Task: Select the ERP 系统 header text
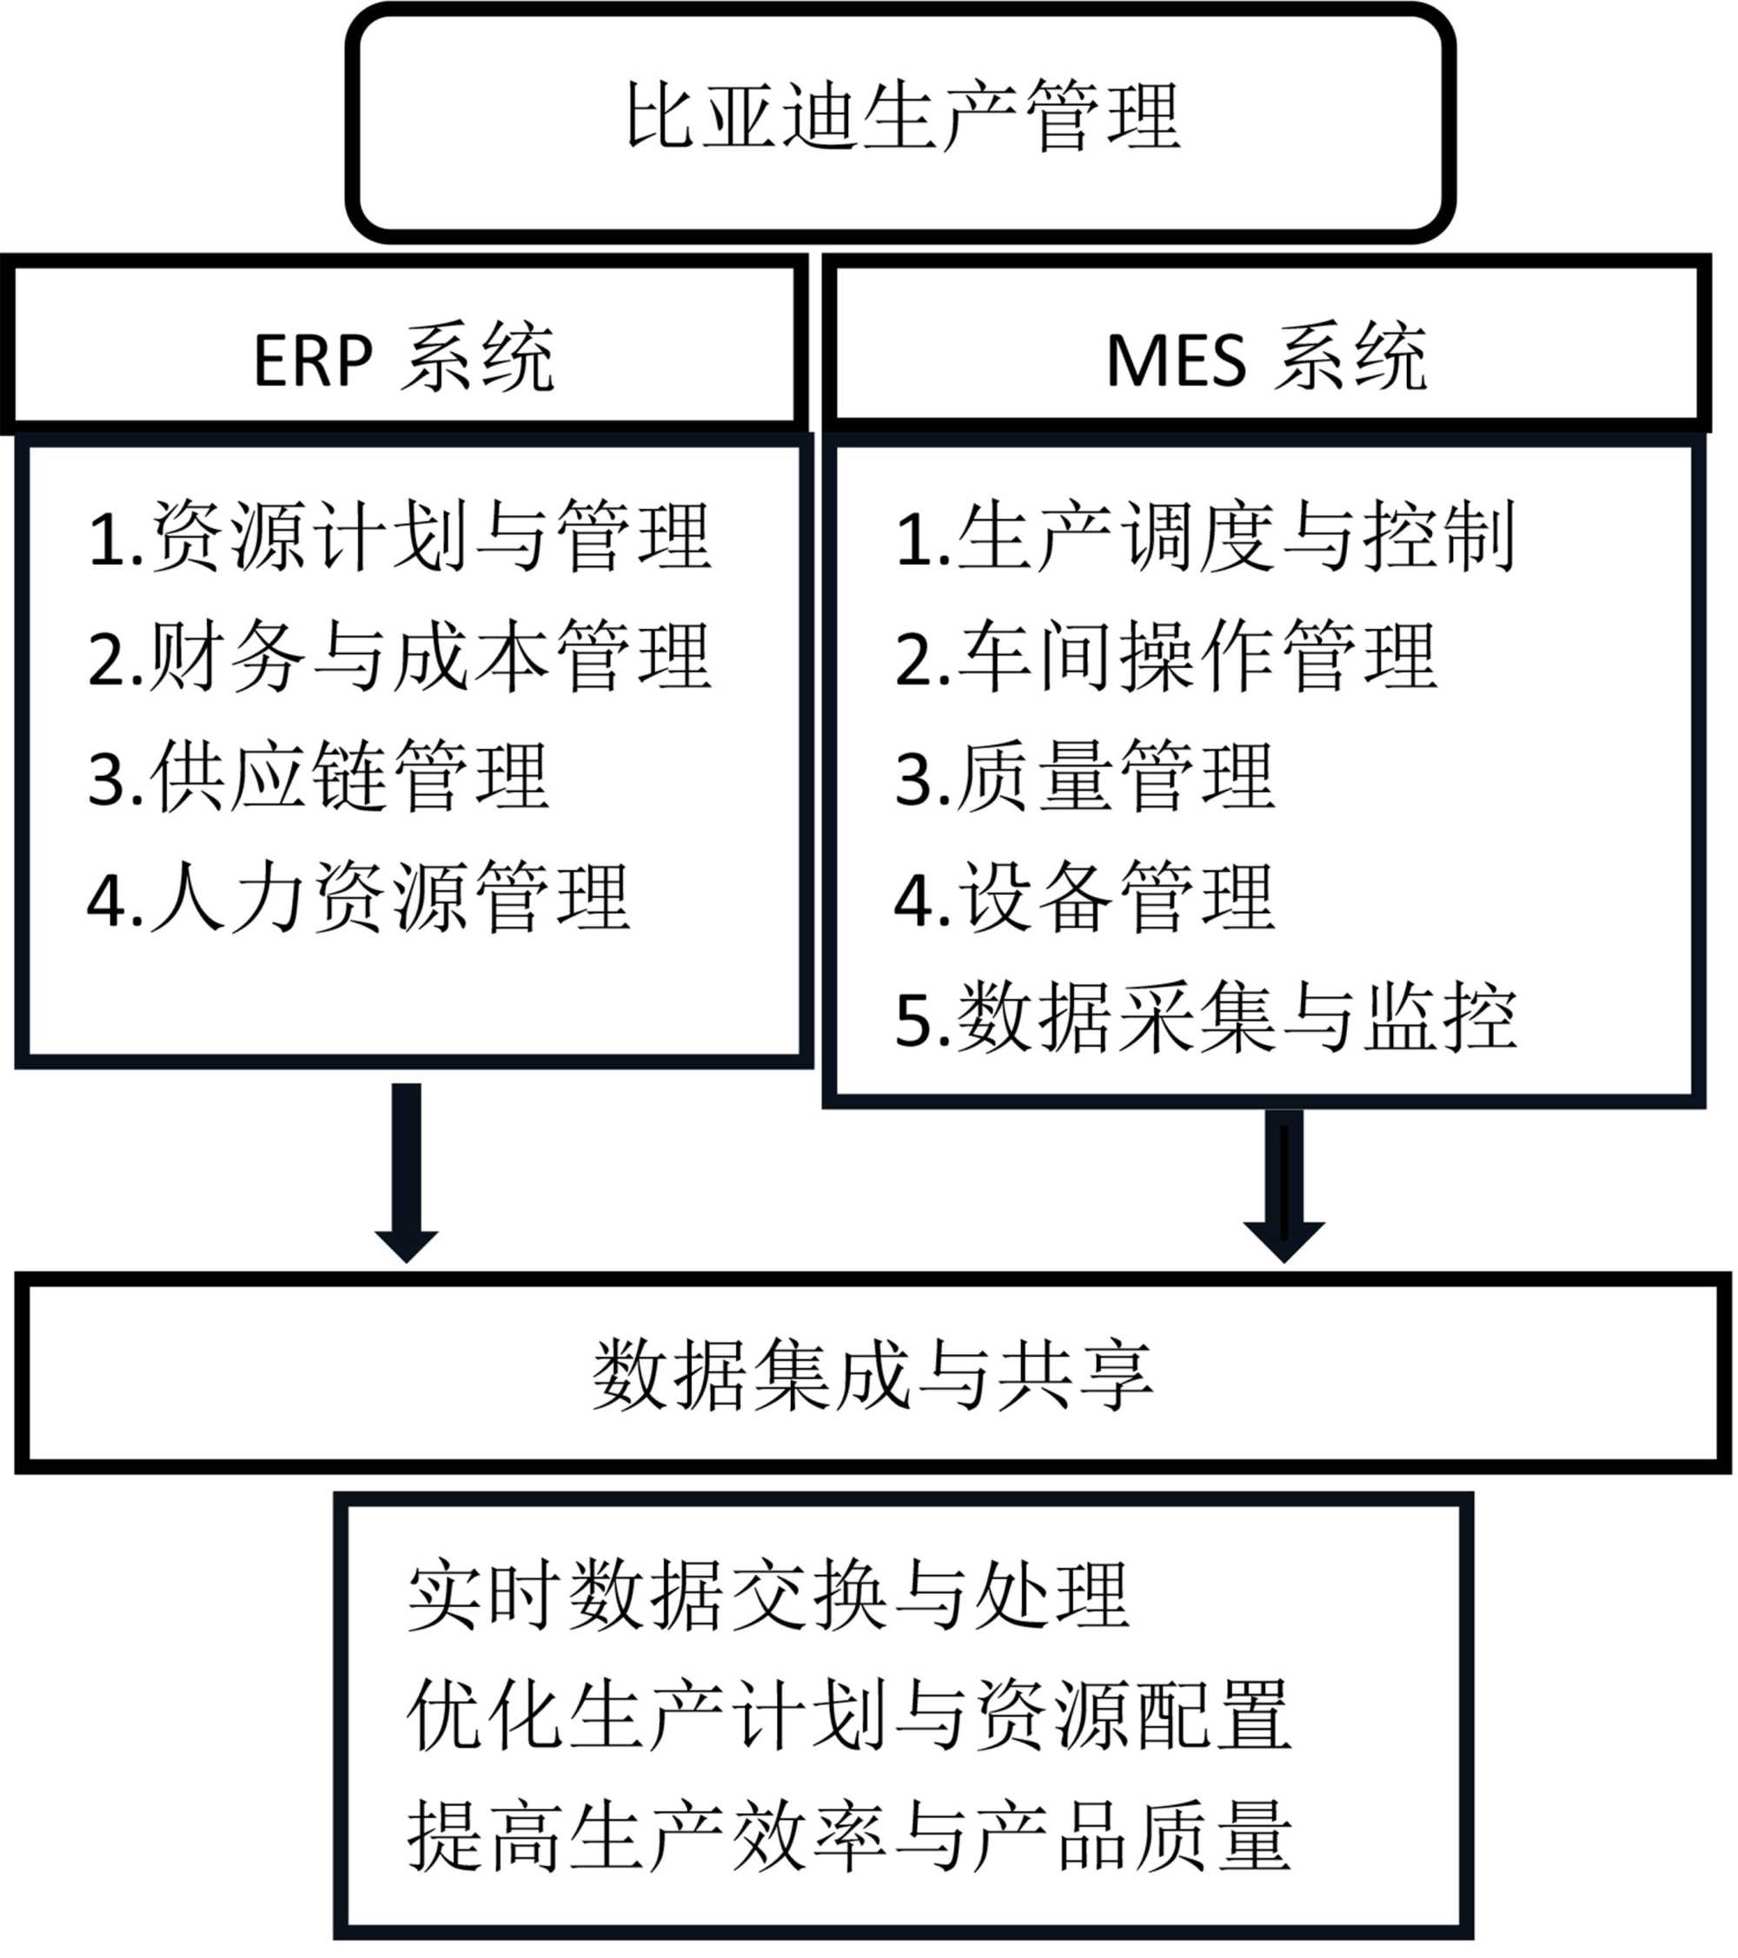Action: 403,360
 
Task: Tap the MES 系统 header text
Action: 1265,360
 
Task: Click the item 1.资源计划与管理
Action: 400,537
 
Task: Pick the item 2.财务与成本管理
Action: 400,657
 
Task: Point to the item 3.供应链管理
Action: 318,777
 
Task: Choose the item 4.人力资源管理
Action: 358,897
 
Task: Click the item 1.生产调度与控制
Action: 1204,537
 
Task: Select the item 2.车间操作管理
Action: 1164,657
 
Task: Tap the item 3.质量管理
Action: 1084,777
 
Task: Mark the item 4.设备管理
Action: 1084,897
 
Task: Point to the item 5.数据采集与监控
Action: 1204,1017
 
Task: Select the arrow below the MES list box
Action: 1284,1184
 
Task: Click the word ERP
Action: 312,361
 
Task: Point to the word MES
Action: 1176,361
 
